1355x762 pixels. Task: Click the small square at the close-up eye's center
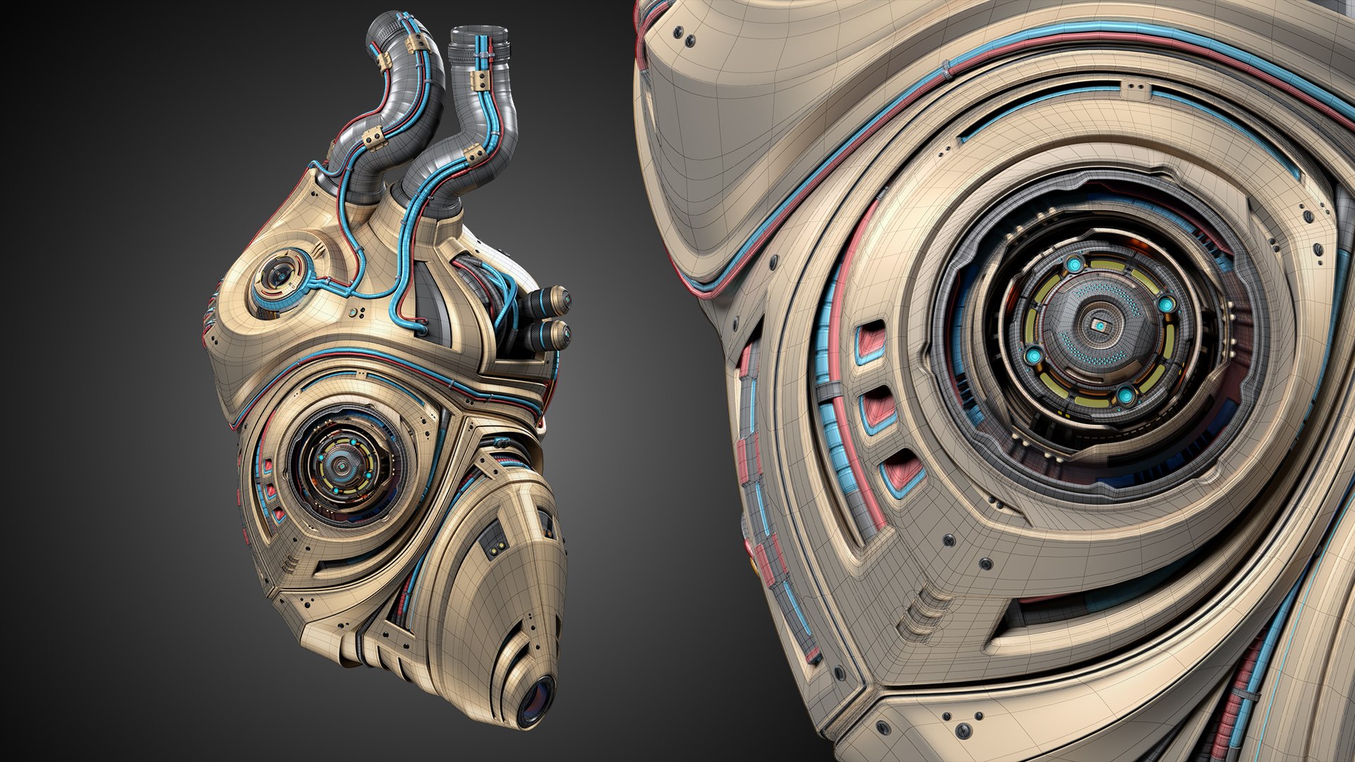[x=1099, y=325]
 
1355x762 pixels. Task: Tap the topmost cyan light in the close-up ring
[x=1075, y=265]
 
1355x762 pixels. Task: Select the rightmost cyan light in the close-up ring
[x=1166, y=305]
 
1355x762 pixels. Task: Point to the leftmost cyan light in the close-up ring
[x=1034, y=353]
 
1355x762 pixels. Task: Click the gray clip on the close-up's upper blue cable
[x=947, y=69]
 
